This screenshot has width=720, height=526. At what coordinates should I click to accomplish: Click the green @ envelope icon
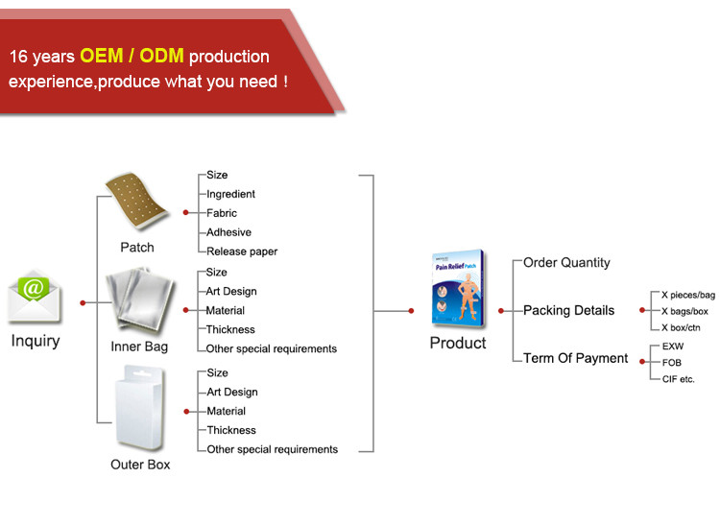[x=34, y=295]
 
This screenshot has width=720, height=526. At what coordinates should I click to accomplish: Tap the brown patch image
[x=136, y=201]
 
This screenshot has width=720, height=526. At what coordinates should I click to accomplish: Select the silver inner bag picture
[x=139, y=299]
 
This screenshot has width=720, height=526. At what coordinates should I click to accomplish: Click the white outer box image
[x=140, y=407]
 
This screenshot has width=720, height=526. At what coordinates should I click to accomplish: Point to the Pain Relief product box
[x=458, y=288]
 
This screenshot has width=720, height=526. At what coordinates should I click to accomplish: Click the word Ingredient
[x=230, y=194]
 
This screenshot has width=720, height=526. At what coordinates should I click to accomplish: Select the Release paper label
[x=242, y=251]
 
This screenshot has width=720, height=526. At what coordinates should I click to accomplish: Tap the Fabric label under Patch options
[x=222, y=213]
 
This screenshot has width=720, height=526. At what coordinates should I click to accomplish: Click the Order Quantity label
[x=566, y=263]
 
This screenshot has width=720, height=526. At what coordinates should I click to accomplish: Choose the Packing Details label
[x=569, y=310]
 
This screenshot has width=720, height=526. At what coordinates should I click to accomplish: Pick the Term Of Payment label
[x=575, y=358]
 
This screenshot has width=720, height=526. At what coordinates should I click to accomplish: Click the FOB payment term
[x=672, y=363]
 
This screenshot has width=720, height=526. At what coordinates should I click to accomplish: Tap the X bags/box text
[x=684, y=311]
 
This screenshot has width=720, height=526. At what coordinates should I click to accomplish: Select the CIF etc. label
[x=678, y=379]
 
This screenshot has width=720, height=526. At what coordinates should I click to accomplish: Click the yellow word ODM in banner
[x=161, y=56]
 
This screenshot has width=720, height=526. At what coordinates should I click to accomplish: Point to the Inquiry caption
[x=36, y=341]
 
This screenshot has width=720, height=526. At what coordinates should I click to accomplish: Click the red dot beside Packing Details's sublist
[x=642, y=311]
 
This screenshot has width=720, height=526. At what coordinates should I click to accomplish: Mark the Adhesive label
[x=228, y=232]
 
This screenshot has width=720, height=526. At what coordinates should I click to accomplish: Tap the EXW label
[x=673, y=347]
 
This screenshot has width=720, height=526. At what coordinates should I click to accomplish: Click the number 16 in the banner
[x=19, y=57]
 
